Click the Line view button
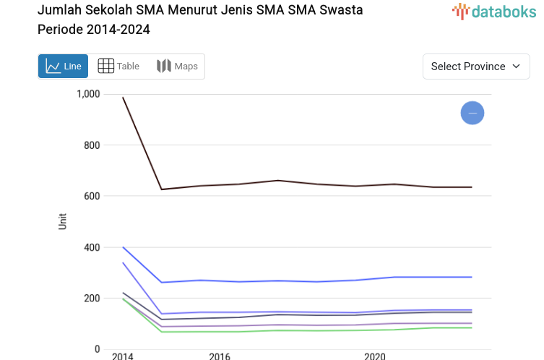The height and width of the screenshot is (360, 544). [63, 67]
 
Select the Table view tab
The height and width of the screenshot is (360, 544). [118, 67]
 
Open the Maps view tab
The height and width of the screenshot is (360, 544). [177, 67]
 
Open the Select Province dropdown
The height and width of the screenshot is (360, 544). [476, 67]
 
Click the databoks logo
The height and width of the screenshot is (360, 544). [494, 11]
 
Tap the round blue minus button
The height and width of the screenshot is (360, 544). [472, 113]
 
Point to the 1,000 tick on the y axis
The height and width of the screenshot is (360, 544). [87, 94]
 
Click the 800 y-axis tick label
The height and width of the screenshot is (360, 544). [91, 145]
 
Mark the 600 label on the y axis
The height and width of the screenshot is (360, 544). [91, 196]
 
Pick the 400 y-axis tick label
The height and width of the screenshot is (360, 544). [91, 247]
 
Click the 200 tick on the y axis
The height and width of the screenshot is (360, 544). [91, 299]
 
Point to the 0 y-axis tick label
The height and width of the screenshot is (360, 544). [97, 349]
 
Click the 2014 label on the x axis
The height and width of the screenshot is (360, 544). [122, 356]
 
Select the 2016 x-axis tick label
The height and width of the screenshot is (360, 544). [220, 356]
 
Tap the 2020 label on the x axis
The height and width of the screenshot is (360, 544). [374, 356]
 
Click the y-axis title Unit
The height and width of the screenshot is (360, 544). [63, 221]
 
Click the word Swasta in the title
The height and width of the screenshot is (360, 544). [342, 10]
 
